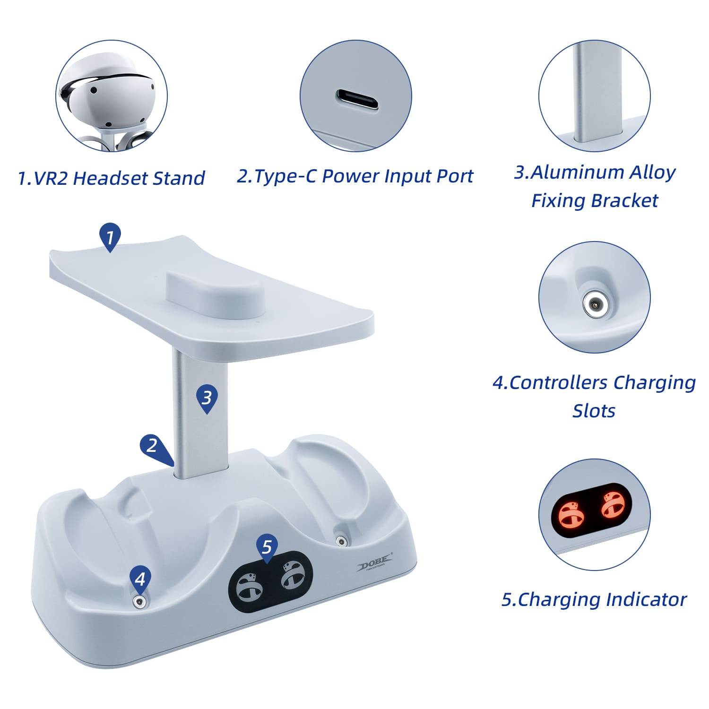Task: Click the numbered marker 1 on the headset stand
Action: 110,237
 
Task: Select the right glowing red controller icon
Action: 613,504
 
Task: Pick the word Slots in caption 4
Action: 594,411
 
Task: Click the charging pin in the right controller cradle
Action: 341,540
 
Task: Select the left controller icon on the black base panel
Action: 249,587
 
